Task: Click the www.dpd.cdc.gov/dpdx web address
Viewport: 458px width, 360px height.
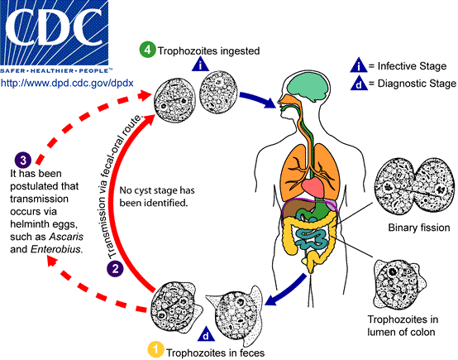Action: [66, 84]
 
